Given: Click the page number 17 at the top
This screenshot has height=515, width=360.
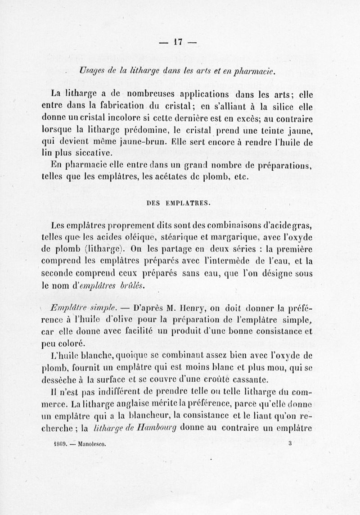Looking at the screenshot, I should tap(178, 42).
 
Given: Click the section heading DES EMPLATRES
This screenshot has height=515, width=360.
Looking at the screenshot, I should tap(178, 203).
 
